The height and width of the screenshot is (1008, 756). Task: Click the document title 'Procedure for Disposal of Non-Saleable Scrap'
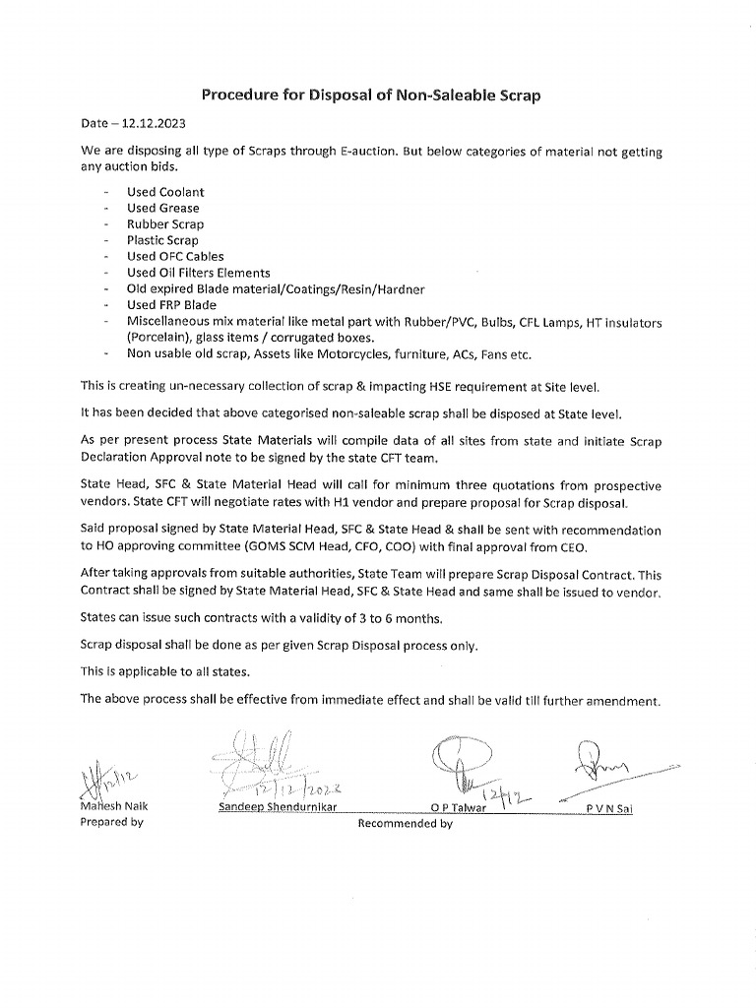(x=371, y=95)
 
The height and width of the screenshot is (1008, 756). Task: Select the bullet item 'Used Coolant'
(x=165, y=192)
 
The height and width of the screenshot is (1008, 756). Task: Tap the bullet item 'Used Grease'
(x=162, y=208)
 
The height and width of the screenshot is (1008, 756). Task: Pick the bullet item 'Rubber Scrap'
(x=165, y=224)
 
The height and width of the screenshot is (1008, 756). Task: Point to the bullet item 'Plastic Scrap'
(x=162, y=240)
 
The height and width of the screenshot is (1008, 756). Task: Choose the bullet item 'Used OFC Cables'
(x=175, y=256)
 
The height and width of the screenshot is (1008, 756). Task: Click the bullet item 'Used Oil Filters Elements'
(x=198, y=273)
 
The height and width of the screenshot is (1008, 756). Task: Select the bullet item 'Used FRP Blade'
(x=171, y=305)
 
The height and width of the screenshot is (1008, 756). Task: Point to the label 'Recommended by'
(x=405, y=824)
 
